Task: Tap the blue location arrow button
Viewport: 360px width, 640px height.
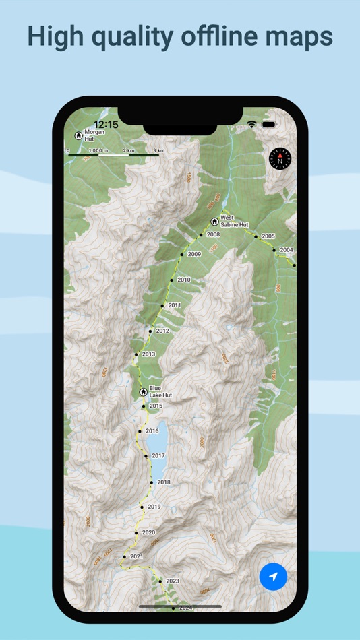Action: (273, 577)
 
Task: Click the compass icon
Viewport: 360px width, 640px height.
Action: (280, 158)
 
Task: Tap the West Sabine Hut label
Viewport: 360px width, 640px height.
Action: (235, 221)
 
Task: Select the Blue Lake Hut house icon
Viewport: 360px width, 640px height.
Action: (143, 391)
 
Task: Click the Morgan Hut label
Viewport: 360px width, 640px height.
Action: (93, 135)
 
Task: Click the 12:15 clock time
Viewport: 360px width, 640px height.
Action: (106, 125)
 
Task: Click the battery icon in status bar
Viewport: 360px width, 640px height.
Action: (269, 125)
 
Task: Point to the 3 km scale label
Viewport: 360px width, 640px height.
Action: (158, 150)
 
